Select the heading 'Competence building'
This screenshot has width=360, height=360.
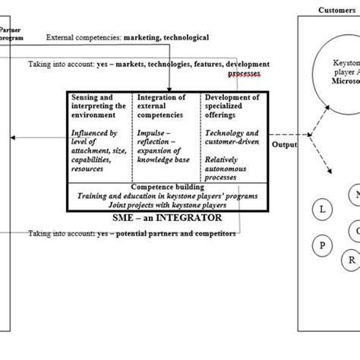[166, 186]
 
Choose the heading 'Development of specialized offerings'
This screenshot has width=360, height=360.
[231, 108]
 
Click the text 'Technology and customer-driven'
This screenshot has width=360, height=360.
[231, 138]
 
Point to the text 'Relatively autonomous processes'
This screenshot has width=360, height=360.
[231, 169]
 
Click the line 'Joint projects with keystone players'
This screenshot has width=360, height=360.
[166, 204]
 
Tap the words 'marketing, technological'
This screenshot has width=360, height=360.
[161, 36]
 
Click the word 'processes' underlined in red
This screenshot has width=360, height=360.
[244, 74]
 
